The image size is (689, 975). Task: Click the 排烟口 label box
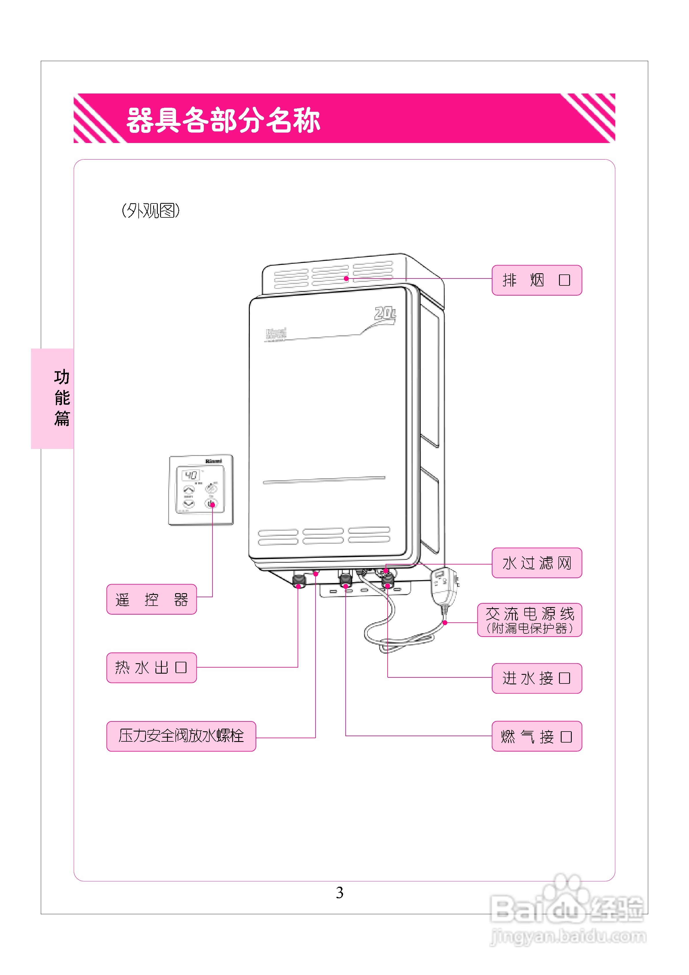tap(536, 280)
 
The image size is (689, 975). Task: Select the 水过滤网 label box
tap(536, 563)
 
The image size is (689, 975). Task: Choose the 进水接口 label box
tap(536, 678)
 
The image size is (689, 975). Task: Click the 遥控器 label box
tap(151, 599)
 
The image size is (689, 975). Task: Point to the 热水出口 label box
tap(151, 668)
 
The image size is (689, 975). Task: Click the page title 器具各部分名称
tap(223, 120)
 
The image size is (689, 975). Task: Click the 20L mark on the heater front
tap(385, 314)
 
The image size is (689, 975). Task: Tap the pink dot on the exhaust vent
tap(346, 278)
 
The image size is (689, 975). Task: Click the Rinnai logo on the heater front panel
tap(276, 334)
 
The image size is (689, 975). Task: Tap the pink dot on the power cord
tap(445, 623)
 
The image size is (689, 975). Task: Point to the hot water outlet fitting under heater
tap(299, 580)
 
